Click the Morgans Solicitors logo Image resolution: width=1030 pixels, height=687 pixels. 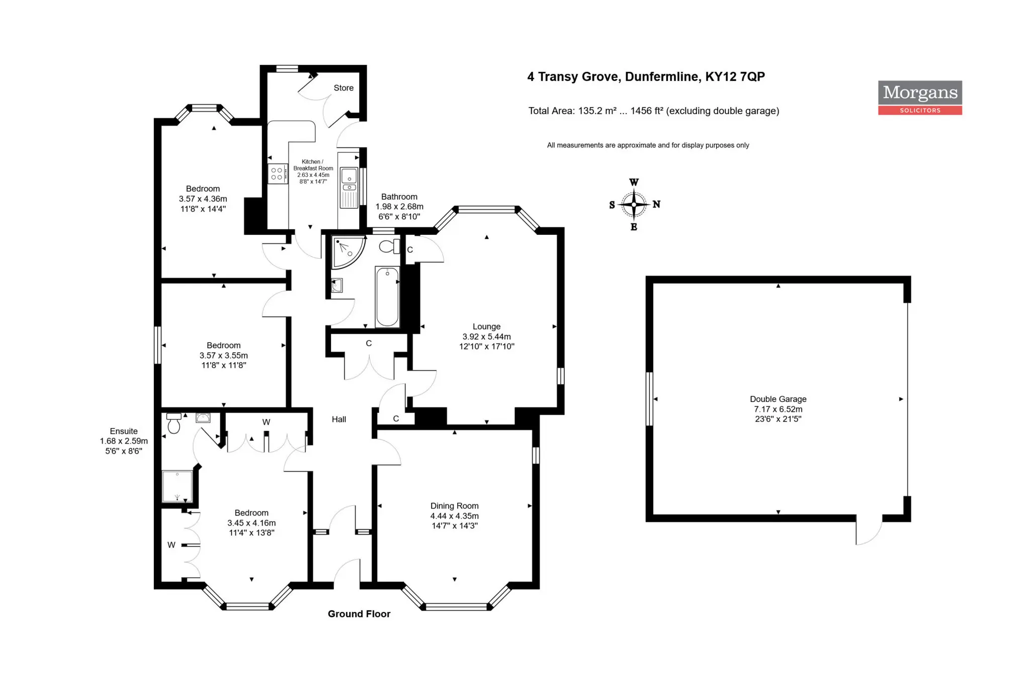(x=920, y=98)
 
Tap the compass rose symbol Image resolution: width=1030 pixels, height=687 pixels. (x=634, y=204)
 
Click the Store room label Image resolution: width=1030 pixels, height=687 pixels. (x=344, y=88)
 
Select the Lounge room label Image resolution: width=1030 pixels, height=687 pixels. (x=486, y=326)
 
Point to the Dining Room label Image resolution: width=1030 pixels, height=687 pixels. (x=454, y=506)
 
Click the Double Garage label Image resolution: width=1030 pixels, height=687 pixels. (x=778, y=399)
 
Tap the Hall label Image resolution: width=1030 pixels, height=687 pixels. (x=339, y=419)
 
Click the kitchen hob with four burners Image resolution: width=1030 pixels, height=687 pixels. (x=277, y=174)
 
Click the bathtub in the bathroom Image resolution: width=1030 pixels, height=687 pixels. (x=387, y=297)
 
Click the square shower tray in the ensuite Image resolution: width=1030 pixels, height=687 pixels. (x=177, y=486)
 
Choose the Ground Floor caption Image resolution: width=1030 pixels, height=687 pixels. (x=359, y=614)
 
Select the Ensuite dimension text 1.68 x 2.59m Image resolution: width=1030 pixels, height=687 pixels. (x=124, y=441)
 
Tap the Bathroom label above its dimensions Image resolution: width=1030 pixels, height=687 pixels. (x=399, y=197)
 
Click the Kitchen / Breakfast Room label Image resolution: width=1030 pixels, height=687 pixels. (x=313, y=165)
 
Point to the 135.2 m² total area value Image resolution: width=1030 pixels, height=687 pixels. (x=597, y=111)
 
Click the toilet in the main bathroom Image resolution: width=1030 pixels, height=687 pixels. (x=389, y=246)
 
